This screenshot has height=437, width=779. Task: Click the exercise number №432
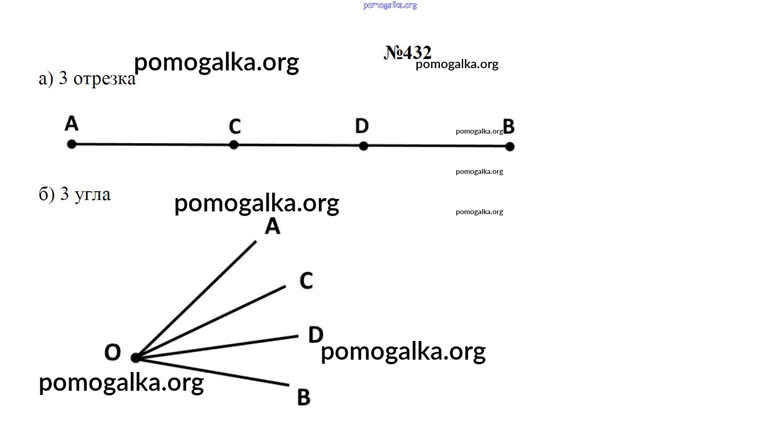[x=408, y=53]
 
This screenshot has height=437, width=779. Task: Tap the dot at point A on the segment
[x=72, y=144]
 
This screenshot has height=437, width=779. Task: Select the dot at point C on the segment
[x=234, y=145]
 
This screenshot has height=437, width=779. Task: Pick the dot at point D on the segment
[x=363, y=146]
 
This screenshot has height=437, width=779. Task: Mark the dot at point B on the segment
[x=510, y=147]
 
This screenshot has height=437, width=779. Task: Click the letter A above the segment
[x=72, y=124]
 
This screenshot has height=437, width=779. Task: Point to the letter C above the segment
[x=235, y=126]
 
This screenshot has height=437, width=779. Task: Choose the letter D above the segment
[x=362, y=126]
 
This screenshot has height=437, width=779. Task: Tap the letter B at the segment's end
[x=509, y=127]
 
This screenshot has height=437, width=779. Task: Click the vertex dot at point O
[x=135, y=357]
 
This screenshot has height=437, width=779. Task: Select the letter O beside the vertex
[x=113, y=352]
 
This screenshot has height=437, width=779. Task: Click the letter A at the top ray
[x=272, y=227]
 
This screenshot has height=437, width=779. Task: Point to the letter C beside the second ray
[x=306, y=281]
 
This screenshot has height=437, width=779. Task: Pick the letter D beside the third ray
[x=316, y=335]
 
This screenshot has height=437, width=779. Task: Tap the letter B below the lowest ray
[x=303, y=397]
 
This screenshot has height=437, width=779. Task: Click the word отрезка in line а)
[x=104, y=79]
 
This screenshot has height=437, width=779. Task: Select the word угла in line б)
[x=92, y=194]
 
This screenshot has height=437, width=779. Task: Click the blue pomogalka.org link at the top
[x=390, y=5]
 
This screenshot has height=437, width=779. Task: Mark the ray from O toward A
[x=196, y=299]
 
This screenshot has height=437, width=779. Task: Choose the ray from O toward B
[x=212, y=371]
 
